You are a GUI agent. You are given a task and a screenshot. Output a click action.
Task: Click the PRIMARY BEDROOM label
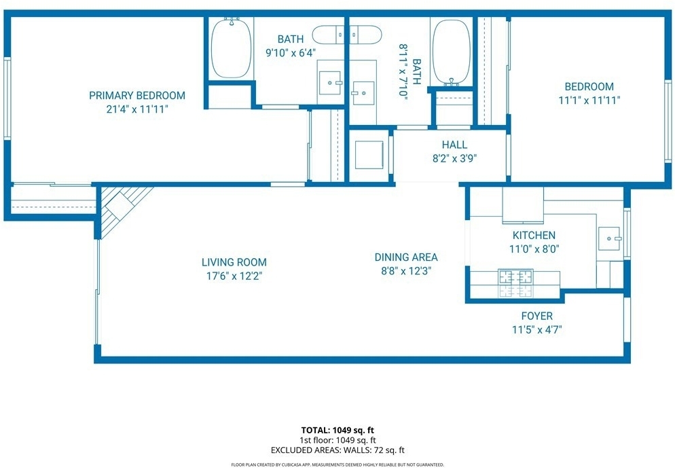pos(137,95)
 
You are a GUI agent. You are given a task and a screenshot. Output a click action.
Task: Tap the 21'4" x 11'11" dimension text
pos(137,109)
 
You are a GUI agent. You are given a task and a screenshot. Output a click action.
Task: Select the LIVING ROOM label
pos(234,262)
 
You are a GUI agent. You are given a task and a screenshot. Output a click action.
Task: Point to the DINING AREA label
pos(406,257)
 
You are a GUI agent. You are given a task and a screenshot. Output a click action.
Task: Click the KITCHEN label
pos(534,235)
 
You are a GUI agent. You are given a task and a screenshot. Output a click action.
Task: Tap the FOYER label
pos(537,316)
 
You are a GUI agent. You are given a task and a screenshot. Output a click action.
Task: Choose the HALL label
pos(454,144)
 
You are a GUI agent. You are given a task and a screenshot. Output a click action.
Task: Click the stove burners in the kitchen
pos(515,283)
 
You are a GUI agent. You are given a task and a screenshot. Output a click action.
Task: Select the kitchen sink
pos(608,238)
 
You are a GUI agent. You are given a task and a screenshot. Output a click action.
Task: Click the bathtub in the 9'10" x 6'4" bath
pos(232,48)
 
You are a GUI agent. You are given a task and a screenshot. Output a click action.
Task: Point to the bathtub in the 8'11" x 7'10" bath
pos(451,52)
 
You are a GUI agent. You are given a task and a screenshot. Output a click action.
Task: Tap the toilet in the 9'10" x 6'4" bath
pos(346,35)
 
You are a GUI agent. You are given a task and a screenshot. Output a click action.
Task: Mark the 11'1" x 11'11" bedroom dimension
pos(589,101)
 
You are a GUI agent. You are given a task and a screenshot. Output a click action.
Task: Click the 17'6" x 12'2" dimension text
pos(234,276)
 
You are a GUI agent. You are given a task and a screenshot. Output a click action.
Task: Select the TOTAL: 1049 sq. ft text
pos(337,430)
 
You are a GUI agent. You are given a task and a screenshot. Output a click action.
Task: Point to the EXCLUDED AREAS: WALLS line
pos(337,450)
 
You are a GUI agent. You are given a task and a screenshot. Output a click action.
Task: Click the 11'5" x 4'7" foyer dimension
pos(537,330)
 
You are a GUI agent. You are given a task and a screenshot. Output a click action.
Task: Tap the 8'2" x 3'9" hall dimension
pos(454,158)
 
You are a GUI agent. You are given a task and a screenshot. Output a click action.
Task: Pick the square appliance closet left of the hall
pos(369,155)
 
